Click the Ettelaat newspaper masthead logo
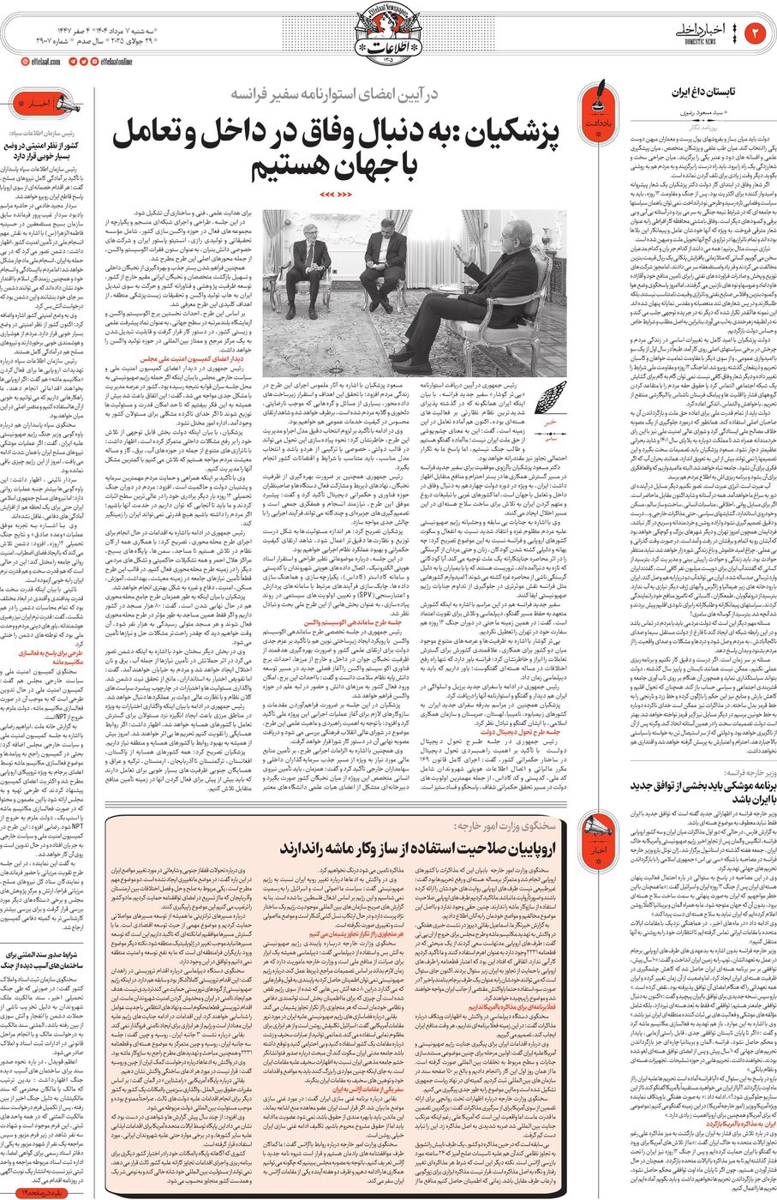point(388,39)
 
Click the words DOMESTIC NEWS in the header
point(702,43)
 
